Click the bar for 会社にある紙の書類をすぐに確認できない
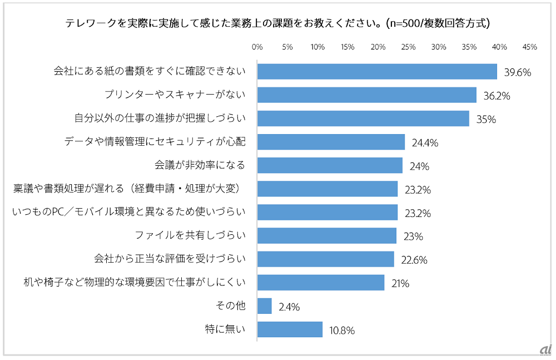(377, 72)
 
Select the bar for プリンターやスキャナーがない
(367, 95)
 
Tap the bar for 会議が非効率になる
(330, 165)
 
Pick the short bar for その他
(265, 306)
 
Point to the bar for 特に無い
(290, 329)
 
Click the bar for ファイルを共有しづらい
(327, 236)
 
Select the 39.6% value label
(518, 72)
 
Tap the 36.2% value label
(497, 96)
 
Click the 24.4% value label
(425, 142)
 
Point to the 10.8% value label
(341, 330)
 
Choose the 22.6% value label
(414, 260)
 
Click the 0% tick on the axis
(257, 47)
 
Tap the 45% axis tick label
(529, 47)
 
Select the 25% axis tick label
(408, 47)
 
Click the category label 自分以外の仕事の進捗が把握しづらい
(160, 119)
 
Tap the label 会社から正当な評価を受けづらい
(170, 259)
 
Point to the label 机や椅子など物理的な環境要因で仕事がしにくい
(135, 282)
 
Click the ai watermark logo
(545, 349)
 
